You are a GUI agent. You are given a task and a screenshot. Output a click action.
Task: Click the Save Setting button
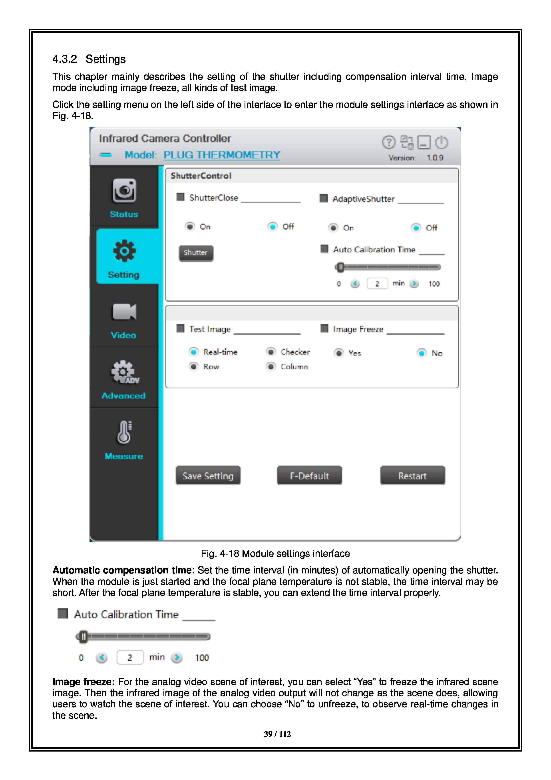click(x=208, y=476)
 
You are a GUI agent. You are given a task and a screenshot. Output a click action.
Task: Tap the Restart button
click(x=412, y=476)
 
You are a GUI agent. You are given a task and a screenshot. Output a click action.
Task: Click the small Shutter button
click(x=196, y=253)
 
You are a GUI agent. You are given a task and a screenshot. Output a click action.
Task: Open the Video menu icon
click(x=124, y=312)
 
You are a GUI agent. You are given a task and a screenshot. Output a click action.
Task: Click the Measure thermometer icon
click(x=124, y=432)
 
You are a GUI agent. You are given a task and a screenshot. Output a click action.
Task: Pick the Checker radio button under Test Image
click(x=271, y=352)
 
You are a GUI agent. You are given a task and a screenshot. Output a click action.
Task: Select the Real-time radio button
click(x=193, y=352)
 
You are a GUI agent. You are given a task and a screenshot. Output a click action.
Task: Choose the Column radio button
click(x=271, y=367)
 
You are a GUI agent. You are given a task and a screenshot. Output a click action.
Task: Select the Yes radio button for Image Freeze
click(x=339, y=353)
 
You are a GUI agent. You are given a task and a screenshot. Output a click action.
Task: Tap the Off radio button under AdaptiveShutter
click(x=416, y=228)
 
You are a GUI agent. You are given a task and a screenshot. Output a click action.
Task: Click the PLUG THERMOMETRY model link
click(x=222, y=155)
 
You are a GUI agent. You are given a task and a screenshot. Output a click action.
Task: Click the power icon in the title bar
click(x=442, y=142)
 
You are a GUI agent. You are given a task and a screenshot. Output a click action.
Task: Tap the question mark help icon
click(x=388, y=142)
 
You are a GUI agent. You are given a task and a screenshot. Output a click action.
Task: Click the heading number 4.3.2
click(x=64, y=59)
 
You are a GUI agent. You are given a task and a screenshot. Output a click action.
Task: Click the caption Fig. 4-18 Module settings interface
click(x=275, y=553)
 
